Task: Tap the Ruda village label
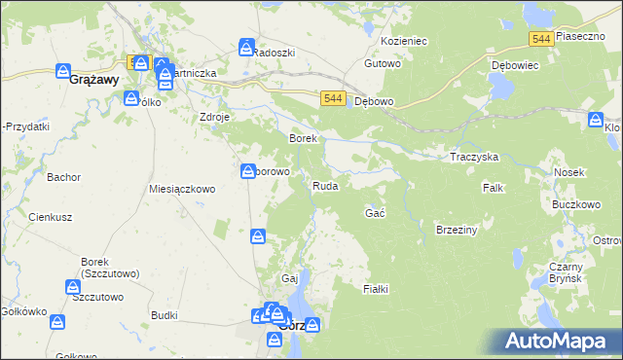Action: (x=325, y=185)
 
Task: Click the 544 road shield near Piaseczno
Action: (x=542, y=38)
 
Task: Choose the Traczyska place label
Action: (x=474, y=157)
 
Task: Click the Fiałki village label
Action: (x=376, y=289)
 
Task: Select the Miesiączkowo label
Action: (x=181, y=189)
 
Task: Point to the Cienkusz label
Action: (x=46, y=217)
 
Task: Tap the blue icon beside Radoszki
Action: (x=246, y=47)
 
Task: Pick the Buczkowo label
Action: (x=574, y=205)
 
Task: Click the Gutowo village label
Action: (x=383, y=63)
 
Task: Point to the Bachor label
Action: (x=62, y=177)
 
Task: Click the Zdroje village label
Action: (x=214, y=117)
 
